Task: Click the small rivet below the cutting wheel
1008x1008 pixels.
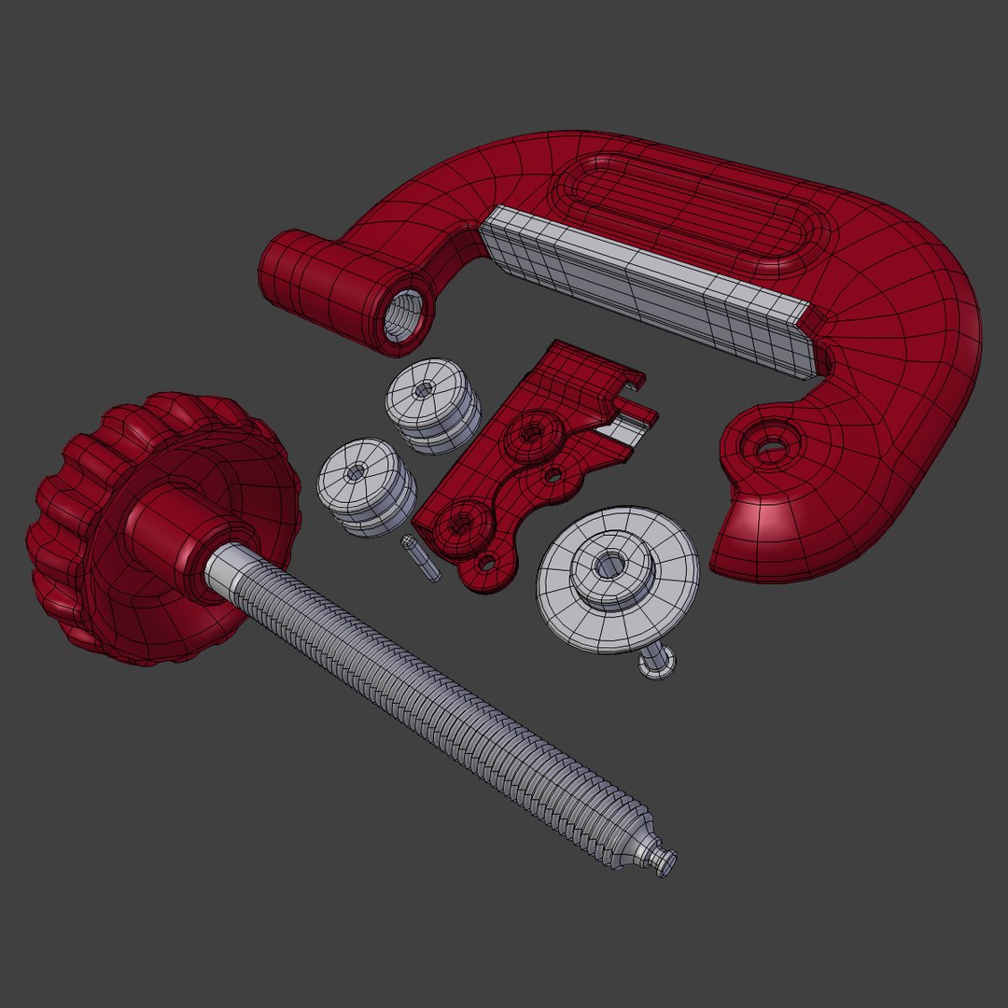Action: pyautogui.click(x=658, y=665)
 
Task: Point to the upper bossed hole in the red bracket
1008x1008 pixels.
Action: pyautogui.click(x=533, y=432)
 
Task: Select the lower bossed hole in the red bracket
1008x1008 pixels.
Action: pyautogui.click(x=461, y=523)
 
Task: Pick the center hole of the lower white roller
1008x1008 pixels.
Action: pyautogui.click(x=356, y=472)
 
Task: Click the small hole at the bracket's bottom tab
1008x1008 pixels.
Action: pyautogui.click(x=486, y=562)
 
